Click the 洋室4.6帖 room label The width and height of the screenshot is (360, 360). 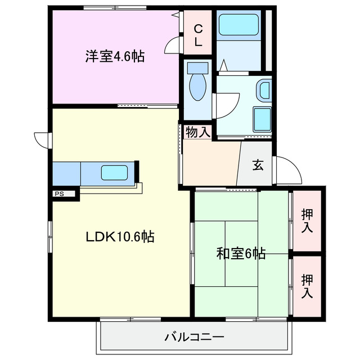click(x=115, y=56)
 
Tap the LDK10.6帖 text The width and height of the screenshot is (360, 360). click(x=120, y=237)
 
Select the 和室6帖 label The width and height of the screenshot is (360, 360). click(x=241, y=254)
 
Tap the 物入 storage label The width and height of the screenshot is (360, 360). click(x=197, y=133)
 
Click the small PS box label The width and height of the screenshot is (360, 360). click(x=58, y=194)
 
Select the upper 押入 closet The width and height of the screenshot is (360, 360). click(x=307, y=220)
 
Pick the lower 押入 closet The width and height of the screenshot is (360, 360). click(x=307, y=286)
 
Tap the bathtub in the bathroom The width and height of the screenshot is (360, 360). click(x=238, y=25)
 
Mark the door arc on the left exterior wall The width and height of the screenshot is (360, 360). click(x=42, y=138)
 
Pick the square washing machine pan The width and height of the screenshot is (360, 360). click(x=262, y=118)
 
